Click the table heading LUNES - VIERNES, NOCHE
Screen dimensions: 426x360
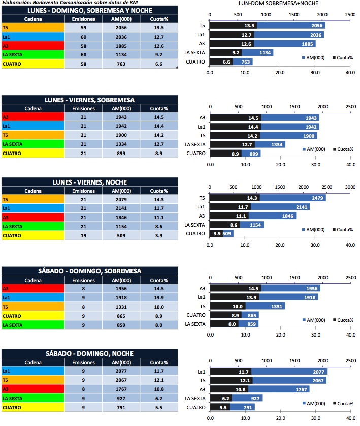click(x=90, y=182)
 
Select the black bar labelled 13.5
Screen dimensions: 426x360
click(x=233, y=25)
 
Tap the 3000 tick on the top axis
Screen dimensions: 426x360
click(x=349, y=187)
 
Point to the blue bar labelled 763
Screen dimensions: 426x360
click(x=243, y=62)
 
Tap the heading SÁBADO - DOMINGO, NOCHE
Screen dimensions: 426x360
click(x=90, y=353)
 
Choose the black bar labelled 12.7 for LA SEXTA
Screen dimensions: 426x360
click(x=232, y=144)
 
